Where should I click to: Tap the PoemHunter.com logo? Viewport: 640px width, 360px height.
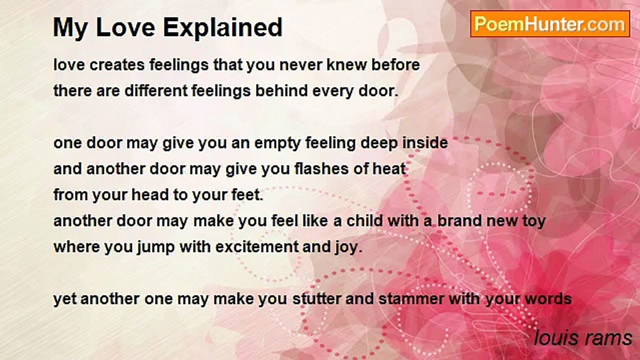550,24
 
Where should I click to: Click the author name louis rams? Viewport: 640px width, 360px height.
583,338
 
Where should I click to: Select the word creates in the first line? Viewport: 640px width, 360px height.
117,65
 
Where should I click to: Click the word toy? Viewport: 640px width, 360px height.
534,221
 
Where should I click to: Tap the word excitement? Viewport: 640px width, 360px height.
257,246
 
